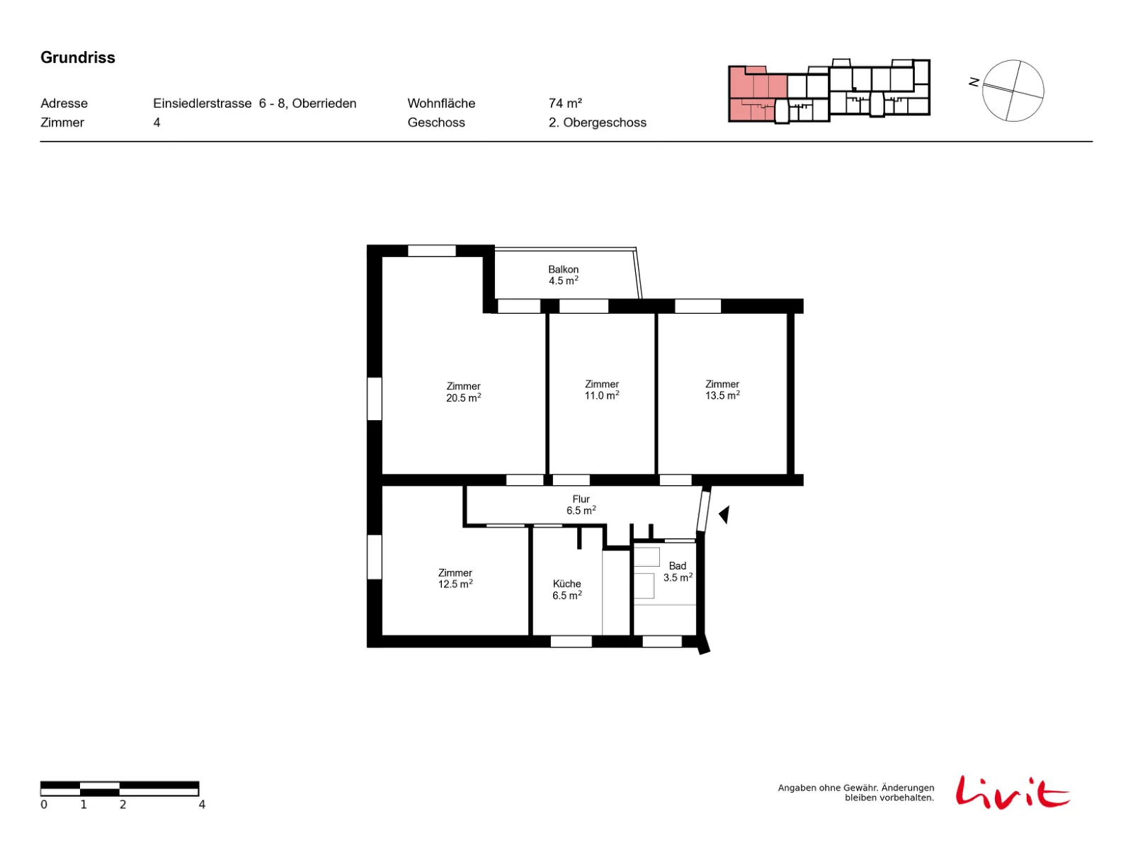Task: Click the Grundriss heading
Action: [x=77, y=57]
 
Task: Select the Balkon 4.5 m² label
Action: [x=563, y=275]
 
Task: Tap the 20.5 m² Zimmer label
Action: [x=463, y=392]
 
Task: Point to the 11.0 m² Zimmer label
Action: [x=601, y=390]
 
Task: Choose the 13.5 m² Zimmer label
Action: [x=722, y=390]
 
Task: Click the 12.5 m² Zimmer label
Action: [x=455, y=578]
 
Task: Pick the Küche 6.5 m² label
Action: [x=566, y=589]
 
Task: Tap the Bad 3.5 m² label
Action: [x=677, y=572]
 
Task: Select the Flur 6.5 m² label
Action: [x=581, y=504]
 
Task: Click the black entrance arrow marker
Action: [x=724, y=514]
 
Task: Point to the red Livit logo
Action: [x=1011, y=792]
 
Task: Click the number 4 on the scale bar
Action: [x=202, y=804]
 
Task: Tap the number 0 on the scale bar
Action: [x=44, y=804]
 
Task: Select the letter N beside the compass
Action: [x=974, y=82]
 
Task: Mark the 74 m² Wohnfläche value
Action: [x=564, y=103]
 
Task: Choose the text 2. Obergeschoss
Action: [x=597, y=123]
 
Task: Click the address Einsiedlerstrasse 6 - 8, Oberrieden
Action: [x=254, y=103]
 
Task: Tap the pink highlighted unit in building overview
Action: [x=757, y=93]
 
